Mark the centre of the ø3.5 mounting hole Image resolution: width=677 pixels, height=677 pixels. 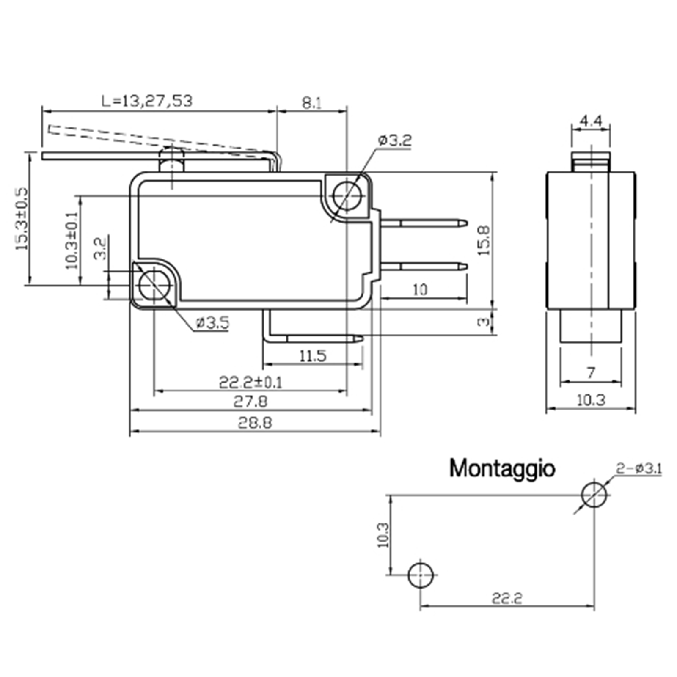tap(154, 285)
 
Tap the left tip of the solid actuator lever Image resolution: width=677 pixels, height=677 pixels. tap(43, 156)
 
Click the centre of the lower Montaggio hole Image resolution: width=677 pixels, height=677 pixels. tap(421, 575)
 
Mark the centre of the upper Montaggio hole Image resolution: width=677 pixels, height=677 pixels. tap(594, 494)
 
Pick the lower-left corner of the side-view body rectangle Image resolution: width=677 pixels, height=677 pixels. tap(547, 308)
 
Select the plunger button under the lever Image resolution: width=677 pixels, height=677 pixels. tap(171, 159)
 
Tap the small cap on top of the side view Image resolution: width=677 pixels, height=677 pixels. tap(591, 162)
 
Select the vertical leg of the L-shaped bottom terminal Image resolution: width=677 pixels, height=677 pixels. tap(266, 324)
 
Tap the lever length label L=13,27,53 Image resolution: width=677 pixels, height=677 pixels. tap(147, 101)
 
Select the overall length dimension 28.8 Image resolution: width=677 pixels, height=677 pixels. tap(254, 422)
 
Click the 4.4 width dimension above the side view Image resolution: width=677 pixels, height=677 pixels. tap(591, 121)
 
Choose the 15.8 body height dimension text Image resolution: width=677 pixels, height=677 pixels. tap(484, 240)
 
